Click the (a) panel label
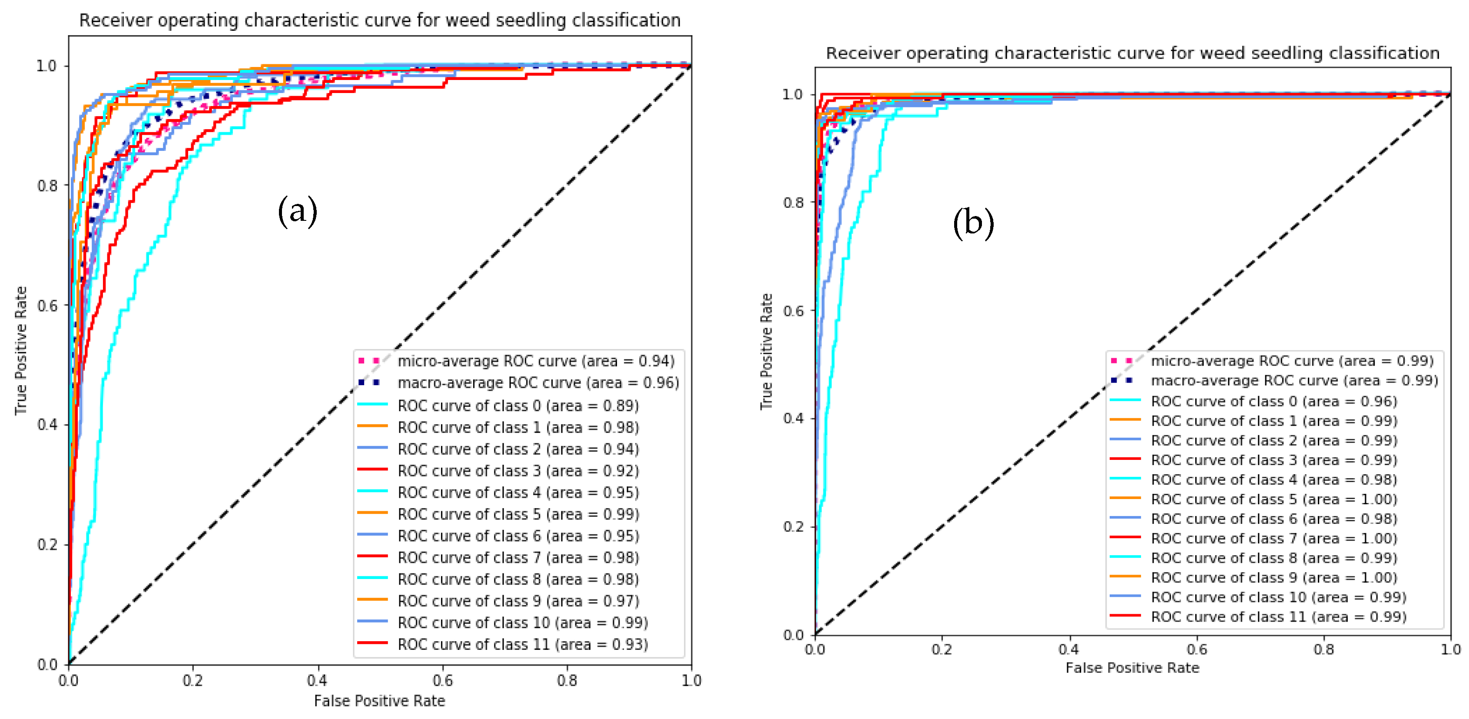tap(297, 211)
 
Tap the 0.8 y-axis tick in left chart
tap(47, 186)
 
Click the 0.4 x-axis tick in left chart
tap(317, 680)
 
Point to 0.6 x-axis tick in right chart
tap(1197, 649)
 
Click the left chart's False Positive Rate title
tap(379, 701)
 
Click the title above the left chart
tap(380, 20)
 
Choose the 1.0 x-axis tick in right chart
tap(1450, 649)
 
